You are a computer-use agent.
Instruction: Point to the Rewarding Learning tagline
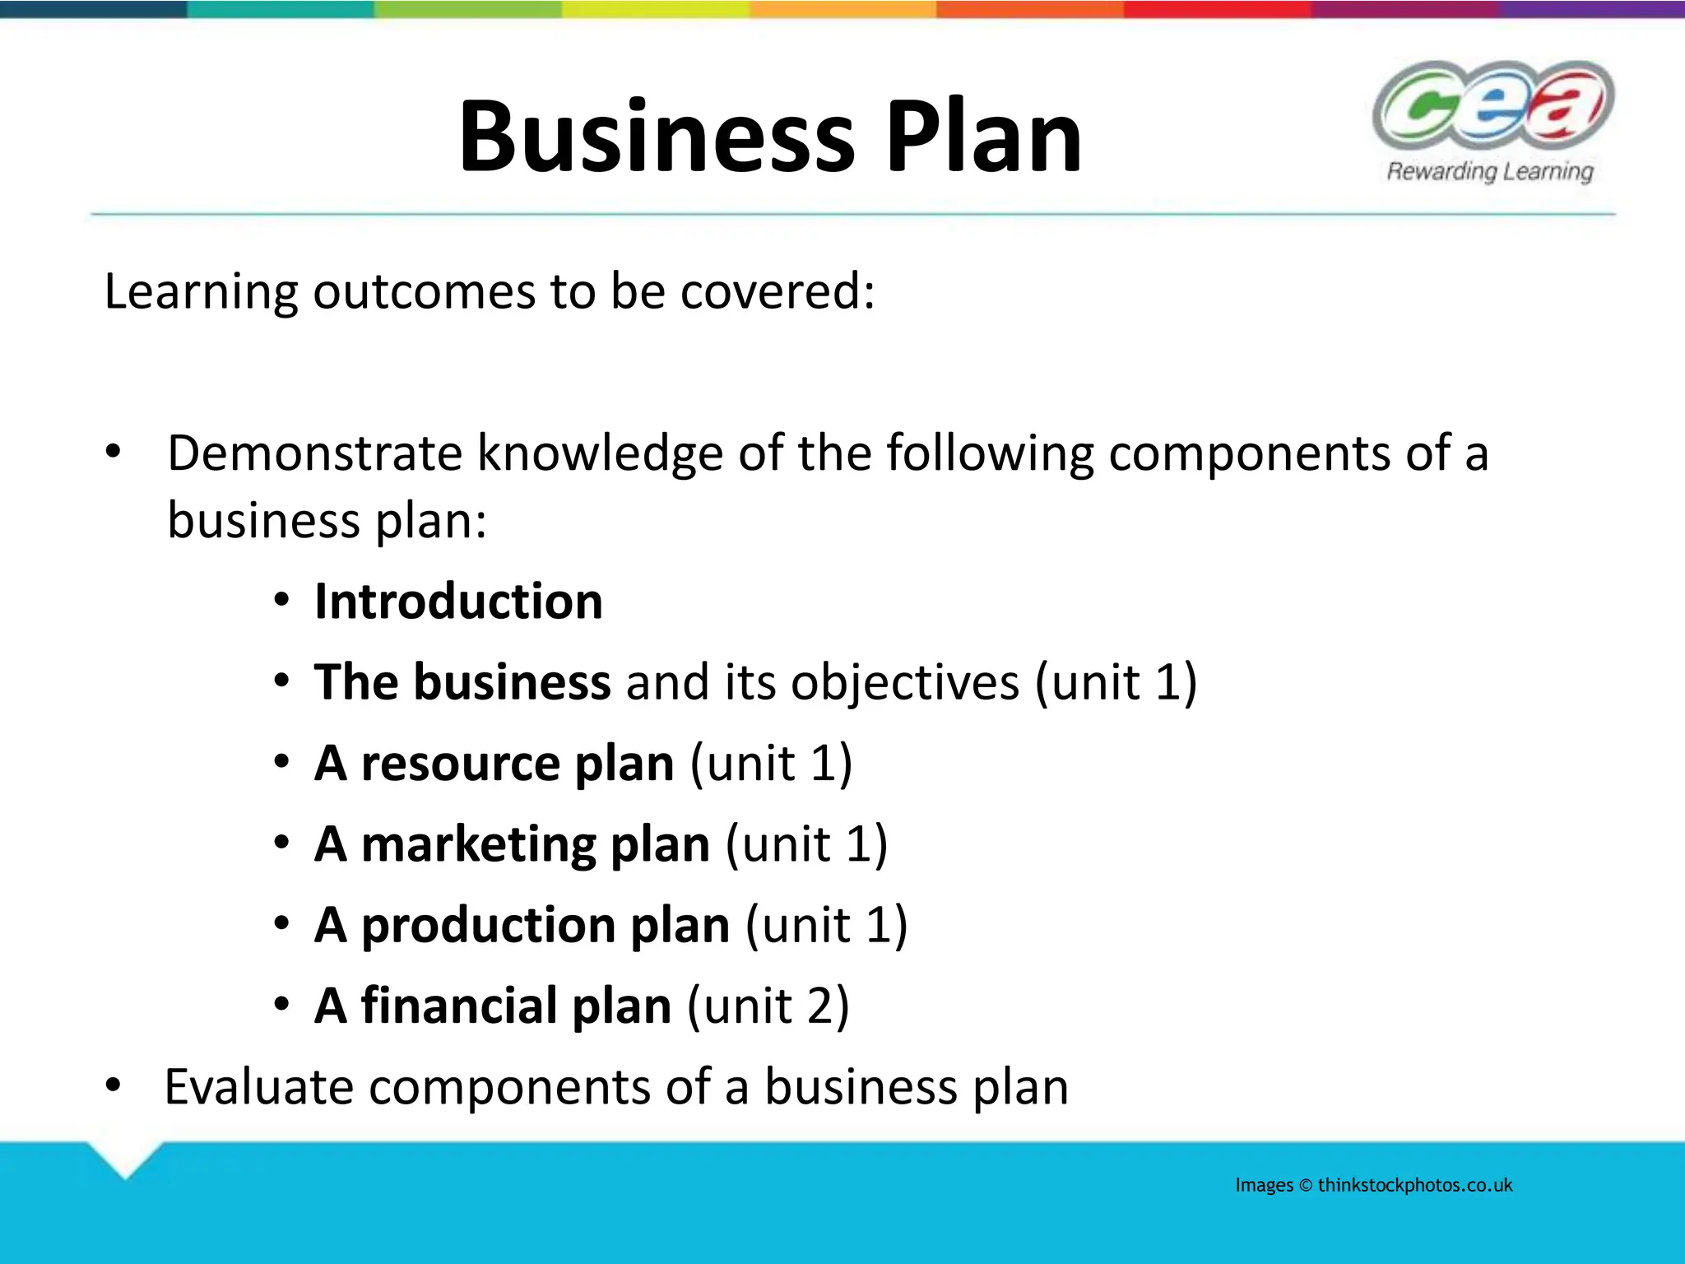(1490, 171)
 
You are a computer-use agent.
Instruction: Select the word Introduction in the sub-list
(458, 601)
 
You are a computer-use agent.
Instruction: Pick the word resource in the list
(461, 764)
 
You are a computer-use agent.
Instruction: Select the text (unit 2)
(768, 1006)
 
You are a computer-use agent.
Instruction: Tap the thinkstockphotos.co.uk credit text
(1415, 1185)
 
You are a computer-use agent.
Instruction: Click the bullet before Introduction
(282, 601)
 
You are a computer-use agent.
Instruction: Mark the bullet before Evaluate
(114, 1086)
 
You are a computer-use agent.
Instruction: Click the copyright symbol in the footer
(1306, 1186)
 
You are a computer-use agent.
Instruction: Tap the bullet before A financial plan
(282, 1006)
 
